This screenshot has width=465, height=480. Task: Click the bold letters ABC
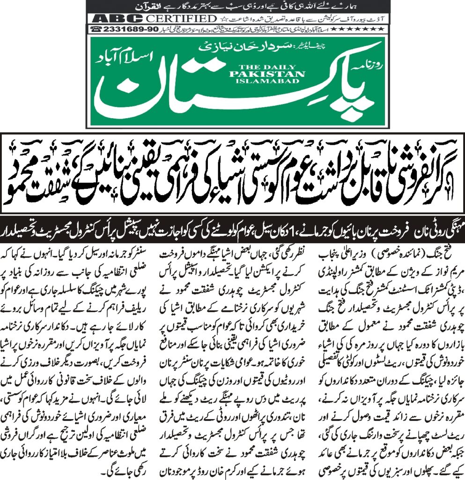coord(111,18)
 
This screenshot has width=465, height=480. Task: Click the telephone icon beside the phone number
coord(96,29)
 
